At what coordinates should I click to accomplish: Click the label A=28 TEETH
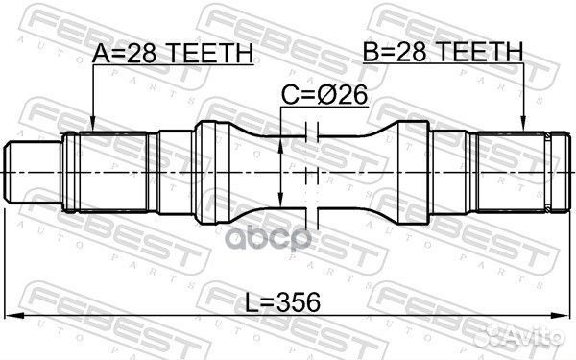173,56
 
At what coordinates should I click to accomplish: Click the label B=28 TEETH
443,51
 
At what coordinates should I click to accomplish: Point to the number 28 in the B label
429,51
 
